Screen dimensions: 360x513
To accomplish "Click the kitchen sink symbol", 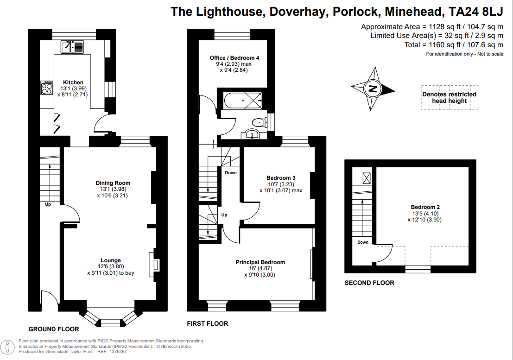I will (72, 46).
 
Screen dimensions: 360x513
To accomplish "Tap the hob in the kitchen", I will (47, 88).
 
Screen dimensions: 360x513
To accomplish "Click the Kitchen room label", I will (73, 82).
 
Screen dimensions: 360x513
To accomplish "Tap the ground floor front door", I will (49, 298).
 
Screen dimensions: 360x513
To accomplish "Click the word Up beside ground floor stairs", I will (48, 204).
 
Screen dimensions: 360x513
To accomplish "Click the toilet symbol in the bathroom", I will (258, 123).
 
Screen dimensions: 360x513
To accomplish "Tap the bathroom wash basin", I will (252, 135).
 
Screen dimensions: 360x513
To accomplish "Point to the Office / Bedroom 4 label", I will (234, 58).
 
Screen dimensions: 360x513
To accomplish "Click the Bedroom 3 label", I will (281, 178).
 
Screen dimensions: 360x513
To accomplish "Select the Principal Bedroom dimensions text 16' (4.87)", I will (260, 268).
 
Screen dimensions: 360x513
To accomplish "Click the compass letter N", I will (372, 88).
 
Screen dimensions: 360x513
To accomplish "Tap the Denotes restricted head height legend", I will (449, 97).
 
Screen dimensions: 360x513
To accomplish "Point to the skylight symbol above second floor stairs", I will (366, 177).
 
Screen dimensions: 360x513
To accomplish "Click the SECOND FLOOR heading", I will (369, 283).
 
